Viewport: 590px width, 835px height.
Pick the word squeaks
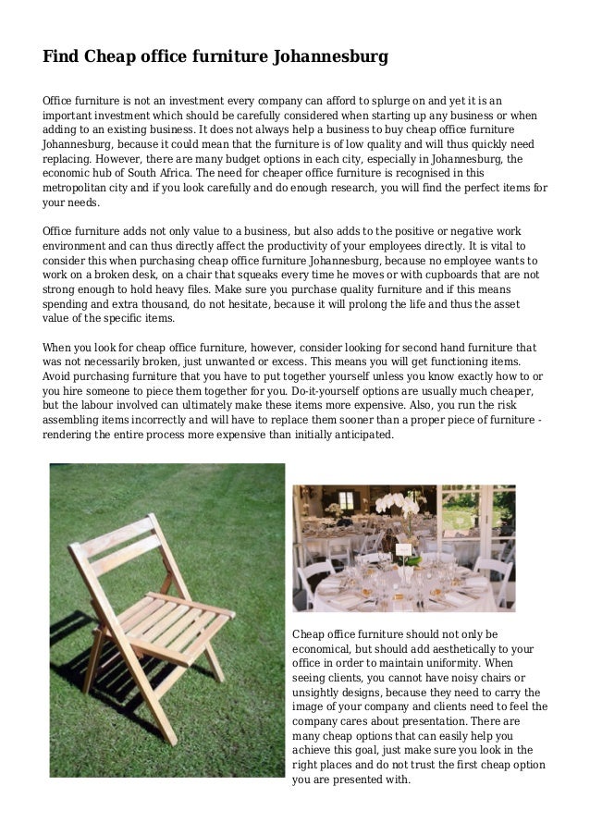[x=243, y=274]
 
